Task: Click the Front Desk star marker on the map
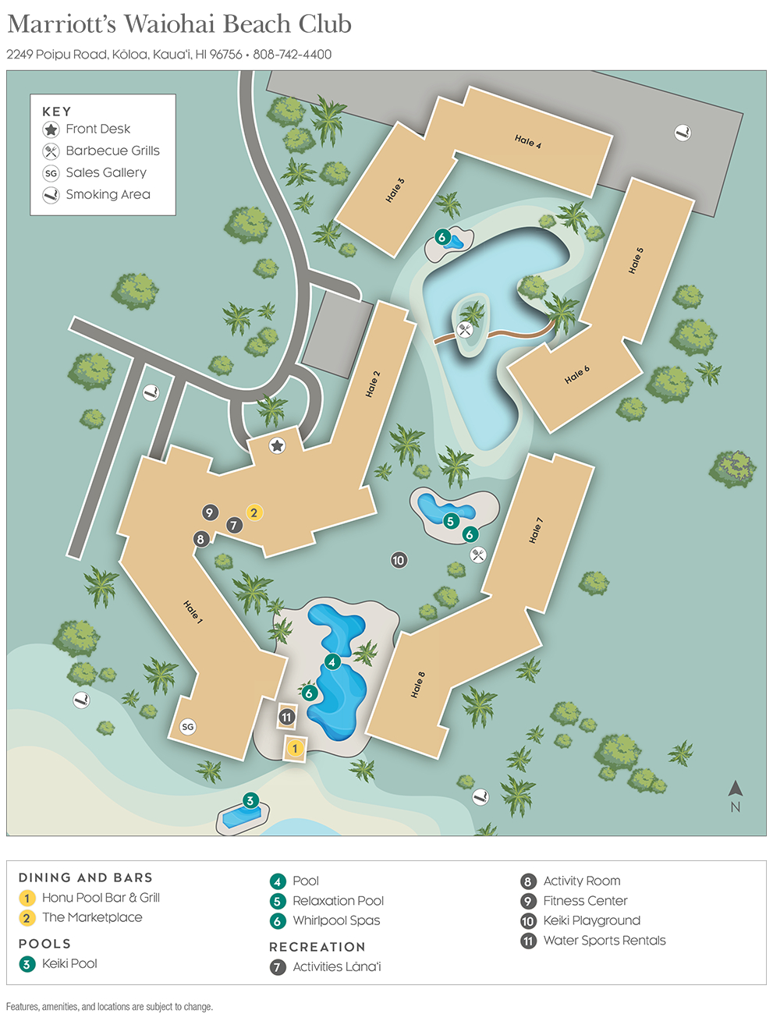pyautogui.click(x=277, y=445)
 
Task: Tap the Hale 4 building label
pyautogui.click(x=528, y=141)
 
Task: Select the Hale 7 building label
pyautogui.click(x=536, y=530)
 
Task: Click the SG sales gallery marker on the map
pyautogui.click(x=187, y=727)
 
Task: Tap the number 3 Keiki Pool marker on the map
pyautogui.click(x=250, y=800)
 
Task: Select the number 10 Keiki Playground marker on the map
pyautogui.click(x=399, y=560)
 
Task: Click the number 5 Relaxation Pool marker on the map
pyautogui.click(x=450, y=521)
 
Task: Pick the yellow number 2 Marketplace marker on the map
pyautogui.click(x=254, y=512)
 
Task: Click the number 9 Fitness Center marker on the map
pyautogui.click(x=210, y=512)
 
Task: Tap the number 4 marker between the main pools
pyautogui.click(x=332, y=662)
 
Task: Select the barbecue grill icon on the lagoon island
pyautogui.click(x=466, y=330)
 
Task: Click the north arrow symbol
pyautogui.click(x=735, y=789)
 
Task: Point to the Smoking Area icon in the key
pyautogui.click(x=51, y=195)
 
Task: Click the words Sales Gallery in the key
pyautogui.click(x=106, y=172)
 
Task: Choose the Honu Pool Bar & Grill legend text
pyautogui.click(x=101, y=898)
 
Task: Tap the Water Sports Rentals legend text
pyautogui.click(x=605, y=941)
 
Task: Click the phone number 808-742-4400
pyautogui.click(x=293, y=55)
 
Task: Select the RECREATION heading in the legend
pyautogui.click(x=317, y=947)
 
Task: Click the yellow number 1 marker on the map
pyautogui.click(x=295, y=749)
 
